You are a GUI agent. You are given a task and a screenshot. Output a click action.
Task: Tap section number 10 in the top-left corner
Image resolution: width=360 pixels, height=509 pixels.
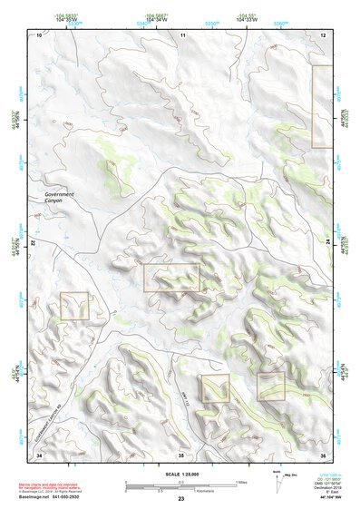click(39, 34)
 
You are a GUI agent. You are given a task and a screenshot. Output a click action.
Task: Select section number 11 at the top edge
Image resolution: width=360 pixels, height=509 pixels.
click(182, 34)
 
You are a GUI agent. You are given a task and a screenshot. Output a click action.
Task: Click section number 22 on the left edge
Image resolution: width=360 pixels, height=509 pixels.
click(33, 245)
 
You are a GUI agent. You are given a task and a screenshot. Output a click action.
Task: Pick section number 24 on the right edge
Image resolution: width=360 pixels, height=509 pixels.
click(327, 245)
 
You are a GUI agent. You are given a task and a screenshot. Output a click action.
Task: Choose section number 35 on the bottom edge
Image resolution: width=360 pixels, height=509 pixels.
click(180, 455)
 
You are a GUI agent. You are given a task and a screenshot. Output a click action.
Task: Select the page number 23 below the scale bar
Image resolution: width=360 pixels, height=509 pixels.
click(180, 500)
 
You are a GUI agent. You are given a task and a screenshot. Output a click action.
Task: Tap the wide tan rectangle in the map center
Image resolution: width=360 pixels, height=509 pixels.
click(171, 278)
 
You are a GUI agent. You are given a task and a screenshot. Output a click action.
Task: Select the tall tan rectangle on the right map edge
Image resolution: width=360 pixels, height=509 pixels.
click(322, 106)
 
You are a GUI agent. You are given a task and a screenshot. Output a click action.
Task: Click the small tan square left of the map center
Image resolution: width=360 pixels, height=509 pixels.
click(74, 306)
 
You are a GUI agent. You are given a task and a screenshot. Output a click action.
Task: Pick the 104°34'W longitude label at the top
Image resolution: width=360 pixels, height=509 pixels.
click(157, 18)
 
